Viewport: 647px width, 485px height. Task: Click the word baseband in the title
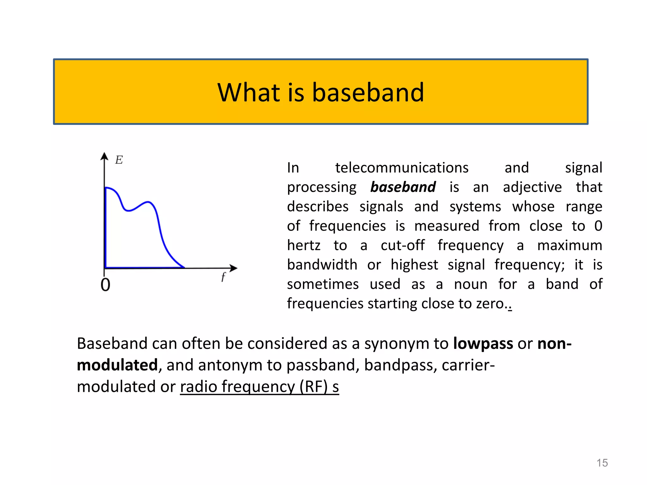(x=368, y=93)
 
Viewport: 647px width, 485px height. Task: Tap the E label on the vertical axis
(x=119, y=160)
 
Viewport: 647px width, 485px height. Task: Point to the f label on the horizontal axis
(x=223, y=277)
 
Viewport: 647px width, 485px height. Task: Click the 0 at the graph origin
(x=105, y=285)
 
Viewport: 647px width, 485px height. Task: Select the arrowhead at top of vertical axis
(x=104, y=156)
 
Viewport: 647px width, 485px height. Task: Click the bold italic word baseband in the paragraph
(x=403, y=187)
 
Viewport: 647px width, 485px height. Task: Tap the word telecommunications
(x=402, y=168)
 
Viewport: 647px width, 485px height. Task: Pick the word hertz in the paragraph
(x=304, y=245)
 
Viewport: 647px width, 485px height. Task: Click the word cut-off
(x=402, y=245)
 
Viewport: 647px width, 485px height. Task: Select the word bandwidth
(x=322, y=265)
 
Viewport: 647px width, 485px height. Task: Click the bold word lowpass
(x=483, y=344)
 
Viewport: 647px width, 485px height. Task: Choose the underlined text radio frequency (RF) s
(x=259, y=387)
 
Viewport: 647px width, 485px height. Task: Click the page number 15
(x=602, y=463)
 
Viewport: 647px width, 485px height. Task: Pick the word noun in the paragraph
(x=470, y=284)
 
